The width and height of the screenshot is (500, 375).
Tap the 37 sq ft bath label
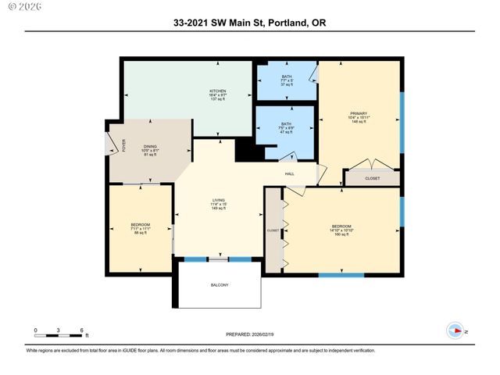287,80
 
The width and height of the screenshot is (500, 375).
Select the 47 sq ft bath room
286,128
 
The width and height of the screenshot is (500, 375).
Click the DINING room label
149,150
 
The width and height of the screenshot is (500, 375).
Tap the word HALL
289,173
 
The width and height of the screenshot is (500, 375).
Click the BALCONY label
220,285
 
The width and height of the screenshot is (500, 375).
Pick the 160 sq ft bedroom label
342,230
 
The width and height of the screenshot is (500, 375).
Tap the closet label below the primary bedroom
372,178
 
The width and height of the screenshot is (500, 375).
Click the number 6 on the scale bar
81,330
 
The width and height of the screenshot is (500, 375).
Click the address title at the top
250,23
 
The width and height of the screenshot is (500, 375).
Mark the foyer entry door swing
121,145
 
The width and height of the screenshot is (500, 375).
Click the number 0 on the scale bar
35,330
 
